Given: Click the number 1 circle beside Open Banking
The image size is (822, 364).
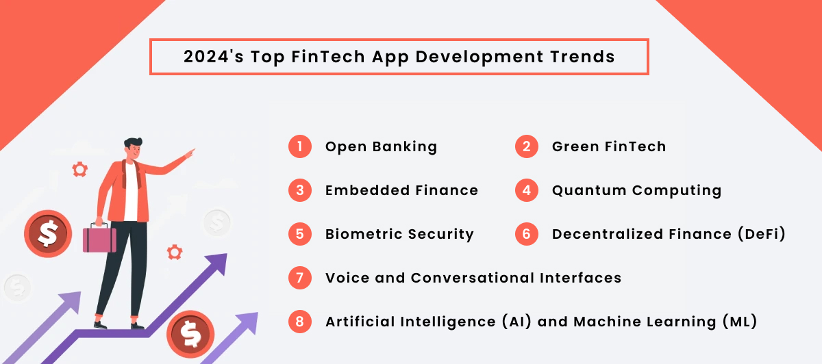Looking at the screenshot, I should [x=300, y=146].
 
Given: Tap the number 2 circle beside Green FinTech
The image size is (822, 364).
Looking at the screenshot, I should [x=527, y=146].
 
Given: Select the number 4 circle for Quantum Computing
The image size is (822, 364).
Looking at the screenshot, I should [x=527, y=190].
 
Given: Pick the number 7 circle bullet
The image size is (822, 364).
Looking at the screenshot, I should [x=300, y=278].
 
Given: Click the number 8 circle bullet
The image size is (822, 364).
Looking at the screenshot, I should [x=300, y=322].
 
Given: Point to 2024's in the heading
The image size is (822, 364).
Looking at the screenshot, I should [x=213, y=57].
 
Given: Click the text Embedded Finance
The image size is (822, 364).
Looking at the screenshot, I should [x=401, y=190].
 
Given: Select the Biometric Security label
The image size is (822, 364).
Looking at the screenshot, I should [x=399, y=234].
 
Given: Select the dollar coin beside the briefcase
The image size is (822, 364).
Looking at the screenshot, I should [x=47, y=234].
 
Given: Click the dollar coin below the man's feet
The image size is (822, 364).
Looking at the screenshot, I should [x=190, y=335].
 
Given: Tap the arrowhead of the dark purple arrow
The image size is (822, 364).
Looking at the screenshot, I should [x=217, y=261].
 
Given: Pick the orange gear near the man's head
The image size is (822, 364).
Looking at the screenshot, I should [x=80, y=168].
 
